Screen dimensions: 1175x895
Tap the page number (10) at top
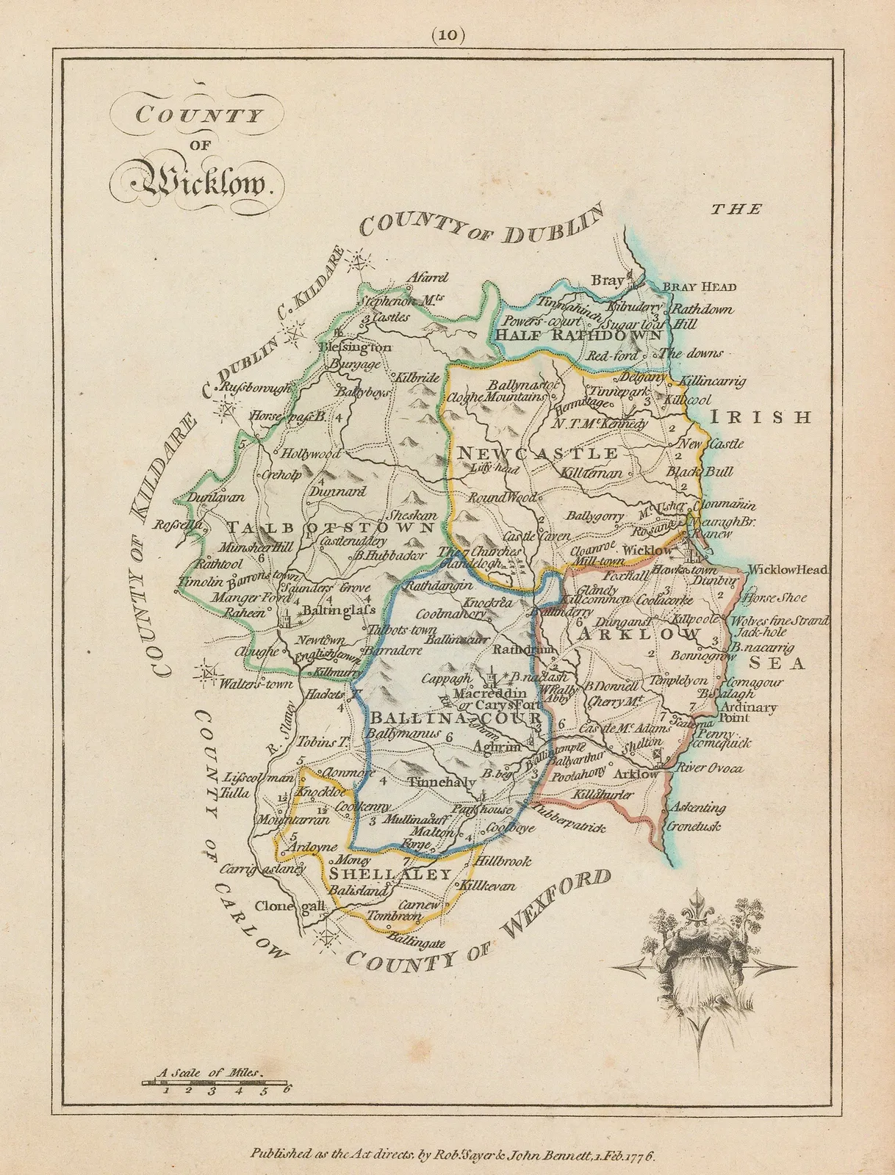pyautogui.click(x=447, y=35)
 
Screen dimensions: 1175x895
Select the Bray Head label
pyautogui.click(x=699, y=286)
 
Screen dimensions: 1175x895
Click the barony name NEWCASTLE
pyautogui.click(x=538, y=452)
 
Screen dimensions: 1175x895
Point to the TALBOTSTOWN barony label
pyautogui.click(x=330, y=527)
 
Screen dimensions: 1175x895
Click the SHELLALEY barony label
pyautogui.click(x=389, y=874)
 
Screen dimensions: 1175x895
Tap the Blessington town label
pyautogui.click(x=355, y=347)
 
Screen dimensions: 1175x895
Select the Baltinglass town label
pyautogui.click(x=336, y=610)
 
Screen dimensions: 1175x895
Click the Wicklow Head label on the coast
pyautogui.click(x=788, y=569)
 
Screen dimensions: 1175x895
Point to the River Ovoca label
pyautogui.click(x=710, y=768)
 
